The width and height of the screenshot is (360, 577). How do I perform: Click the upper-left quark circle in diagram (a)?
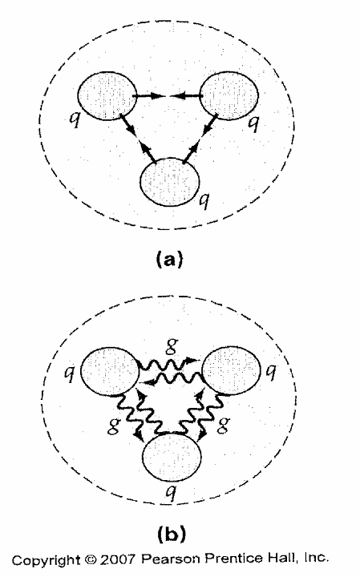(x=107, y=95)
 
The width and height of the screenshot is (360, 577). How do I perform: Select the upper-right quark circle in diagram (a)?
(x=229, y=95)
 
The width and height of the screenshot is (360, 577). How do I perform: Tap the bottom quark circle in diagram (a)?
(x=170, y=182)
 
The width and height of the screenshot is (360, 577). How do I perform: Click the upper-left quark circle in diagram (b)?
(x=110, y=371)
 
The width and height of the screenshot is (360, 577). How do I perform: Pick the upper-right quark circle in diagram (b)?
(x=232, y=371)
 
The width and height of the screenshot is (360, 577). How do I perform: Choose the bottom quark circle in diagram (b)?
(x=172, y=458)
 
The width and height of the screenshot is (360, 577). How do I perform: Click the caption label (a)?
(x=169, y=259)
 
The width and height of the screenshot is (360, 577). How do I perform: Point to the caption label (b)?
(x=172, y=534)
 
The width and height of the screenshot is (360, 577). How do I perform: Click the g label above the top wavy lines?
(x=172, y=346)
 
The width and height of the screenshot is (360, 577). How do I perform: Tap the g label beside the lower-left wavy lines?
(x=112, y=426)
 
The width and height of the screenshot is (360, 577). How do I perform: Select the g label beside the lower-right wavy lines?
(x=223, y=426)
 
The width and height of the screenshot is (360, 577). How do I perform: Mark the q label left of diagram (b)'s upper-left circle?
(x=69, y=373)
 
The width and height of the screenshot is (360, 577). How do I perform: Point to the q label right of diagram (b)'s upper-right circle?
(x=271, y=373)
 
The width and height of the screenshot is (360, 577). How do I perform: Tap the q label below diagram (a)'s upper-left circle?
(x=75, y=119)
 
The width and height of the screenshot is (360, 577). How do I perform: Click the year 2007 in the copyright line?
(x=118, y=559)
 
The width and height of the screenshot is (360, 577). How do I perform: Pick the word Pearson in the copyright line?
(x=171, y=559)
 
